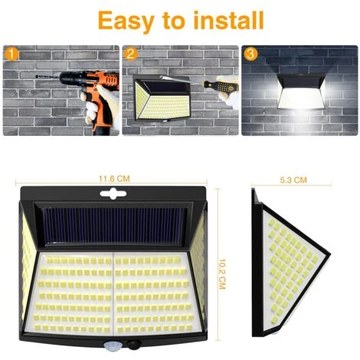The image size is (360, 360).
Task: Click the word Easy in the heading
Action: point(126,21)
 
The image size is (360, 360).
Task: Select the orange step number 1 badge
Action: point(11,54)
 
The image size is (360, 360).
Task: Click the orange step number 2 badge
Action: point(131,54)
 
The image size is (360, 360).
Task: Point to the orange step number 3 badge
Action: point(250,54)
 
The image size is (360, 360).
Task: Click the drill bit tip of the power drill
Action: point(36,76)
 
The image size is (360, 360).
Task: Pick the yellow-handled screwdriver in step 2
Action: point(221,86)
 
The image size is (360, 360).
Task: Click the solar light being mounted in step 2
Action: point(162,97)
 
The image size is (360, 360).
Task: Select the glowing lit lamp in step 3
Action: point(301,91)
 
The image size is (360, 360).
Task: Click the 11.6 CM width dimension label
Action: point(114,178)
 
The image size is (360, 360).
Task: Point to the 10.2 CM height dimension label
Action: point(222,274)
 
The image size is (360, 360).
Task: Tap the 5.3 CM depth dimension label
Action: point(293,180)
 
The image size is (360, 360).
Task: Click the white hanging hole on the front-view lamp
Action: point(113,193)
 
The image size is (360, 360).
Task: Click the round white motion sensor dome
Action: point(111,345)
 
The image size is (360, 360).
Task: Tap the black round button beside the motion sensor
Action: point(133,345)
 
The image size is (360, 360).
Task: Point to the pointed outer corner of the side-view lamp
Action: point(329,254)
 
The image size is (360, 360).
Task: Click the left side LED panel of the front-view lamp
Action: point(28,266)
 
